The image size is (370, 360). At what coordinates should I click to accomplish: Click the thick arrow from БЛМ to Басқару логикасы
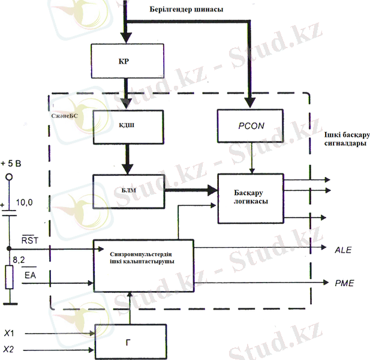[x=191, y=190]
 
